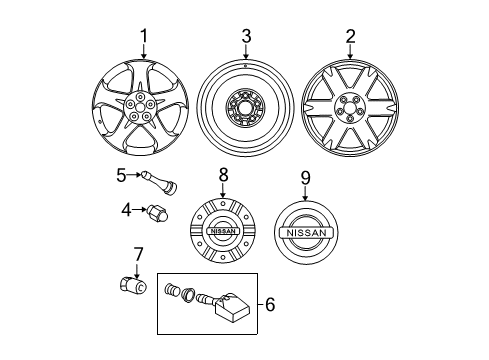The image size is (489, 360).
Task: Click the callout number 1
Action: point(144,36)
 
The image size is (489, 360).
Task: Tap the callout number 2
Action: point(350,36)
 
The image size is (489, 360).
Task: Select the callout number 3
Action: point(246,36)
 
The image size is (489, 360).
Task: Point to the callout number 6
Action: point(270,304)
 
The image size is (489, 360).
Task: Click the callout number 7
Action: point(137,254)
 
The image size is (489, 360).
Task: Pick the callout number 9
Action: point(305,178)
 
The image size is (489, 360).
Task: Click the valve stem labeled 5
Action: point(159,182)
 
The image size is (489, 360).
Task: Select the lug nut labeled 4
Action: point(157,213)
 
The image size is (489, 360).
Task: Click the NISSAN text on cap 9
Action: point(306,233)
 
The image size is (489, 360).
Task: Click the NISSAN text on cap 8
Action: point(223,231)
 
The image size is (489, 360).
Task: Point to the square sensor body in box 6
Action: point(232,307)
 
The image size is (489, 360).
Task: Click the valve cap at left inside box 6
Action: point(172,290)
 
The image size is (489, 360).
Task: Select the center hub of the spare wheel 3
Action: point(245,108)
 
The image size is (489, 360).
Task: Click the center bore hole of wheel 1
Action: point(140,107)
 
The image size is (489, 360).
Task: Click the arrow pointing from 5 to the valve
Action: point(134,174)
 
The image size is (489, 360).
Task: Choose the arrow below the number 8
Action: point(223,191)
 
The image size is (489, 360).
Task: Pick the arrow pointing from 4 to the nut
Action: point(139,209)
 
